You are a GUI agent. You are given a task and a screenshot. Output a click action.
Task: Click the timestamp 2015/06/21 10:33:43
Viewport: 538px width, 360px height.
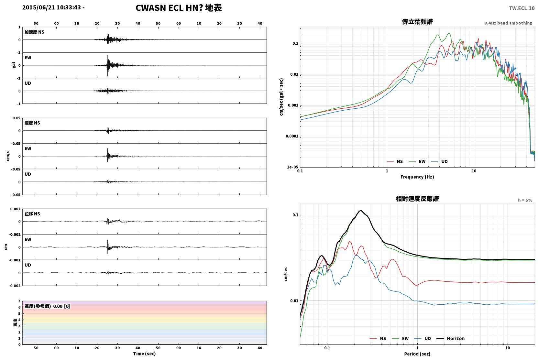pos(52,7)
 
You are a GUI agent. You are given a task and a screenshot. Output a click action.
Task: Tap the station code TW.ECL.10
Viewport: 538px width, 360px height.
pos(522,8)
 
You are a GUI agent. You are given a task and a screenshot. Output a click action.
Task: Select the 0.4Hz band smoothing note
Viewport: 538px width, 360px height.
pos(508,23)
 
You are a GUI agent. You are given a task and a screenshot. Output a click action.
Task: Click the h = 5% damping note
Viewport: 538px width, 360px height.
pos(525,200)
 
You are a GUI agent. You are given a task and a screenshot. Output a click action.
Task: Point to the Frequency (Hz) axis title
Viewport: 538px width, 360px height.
pos(417,177)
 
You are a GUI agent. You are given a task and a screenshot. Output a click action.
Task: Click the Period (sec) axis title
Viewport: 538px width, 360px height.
pos(417,354)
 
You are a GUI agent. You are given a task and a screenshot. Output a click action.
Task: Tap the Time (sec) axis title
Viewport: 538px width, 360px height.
pos(144,354)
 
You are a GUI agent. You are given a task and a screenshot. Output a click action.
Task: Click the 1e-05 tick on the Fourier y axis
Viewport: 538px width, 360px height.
pos(292,167)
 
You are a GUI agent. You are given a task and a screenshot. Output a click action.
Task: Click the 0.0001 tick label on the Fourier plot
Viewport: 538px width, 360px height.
pos(292,136)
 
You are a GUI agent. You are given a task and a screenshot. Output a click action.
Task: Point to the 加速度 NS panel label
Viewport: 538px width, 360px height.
pos(34,32)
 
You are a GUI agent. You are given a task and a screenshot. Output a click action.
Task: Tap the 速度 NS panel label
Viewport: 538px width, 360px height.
pos(32,123)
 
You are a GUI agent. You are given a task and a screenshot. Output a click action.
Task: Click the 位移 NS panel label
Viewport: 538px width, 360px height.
pos(32,214)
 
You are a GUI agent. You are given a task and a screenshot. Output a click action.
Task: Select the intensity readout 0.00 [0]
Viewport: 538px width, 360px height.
pos(61,306)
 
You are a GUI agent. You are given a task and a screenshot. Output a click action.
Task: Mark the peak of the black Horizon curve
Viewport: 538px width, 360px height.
pos(361,210)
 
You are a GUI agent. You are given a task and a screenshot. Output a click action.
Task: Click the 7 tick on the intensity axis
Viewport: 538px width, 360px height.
pos(19,301)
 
